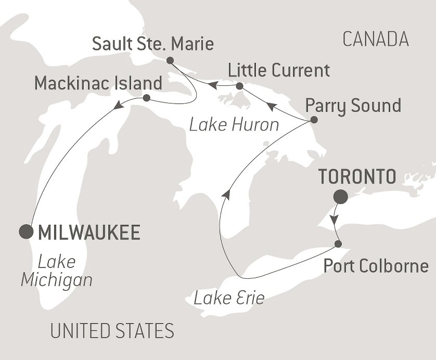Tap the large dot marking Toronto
coord(341,197)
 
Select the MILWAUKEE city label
coord(87,233)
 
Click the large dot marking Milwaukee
coord(24,231)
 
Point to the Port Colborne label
coord(376,266)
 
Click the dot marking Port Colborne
coord(338,243)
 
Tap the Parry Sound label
coord(353,105)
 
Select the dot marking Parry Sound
coord(314,120)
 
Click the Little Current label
coord(279,70)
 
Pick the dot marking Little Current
coord(239,86)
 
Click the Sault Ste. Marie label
coord(153,44)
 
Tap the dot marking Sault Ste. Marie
coord(170,60)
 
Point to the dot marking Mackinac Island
coord(146,98)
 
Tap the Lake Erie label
coord(229,298)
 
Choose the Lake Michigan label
coord(56,271)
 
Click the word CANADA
coord(375,38)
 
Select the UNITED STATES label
coord(111,330)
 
